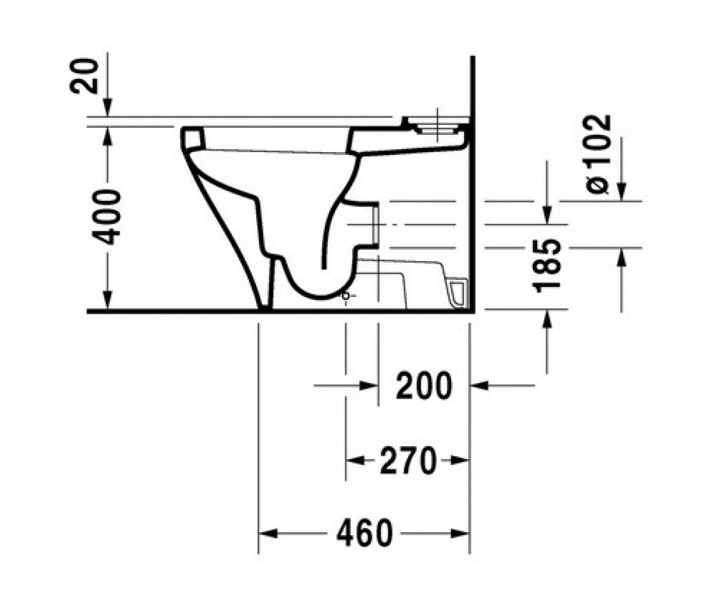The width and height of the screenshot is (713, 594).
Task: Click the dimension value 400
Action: click(x=106, y=217)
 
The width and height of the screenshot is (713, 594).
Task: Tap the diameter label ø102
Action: click(x=597, y=154)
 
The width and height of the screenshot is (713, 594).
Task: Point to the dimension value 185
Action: click(x=547, y=266)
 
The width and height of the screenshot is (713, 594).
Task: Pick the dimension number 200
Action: click(x=424, y=386)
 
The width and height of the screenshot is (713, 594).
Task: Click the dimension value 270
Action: click(x=408, y=460)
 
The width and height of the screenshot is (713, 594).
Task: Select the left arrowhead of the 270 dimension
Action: click(x=355, y=460)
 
